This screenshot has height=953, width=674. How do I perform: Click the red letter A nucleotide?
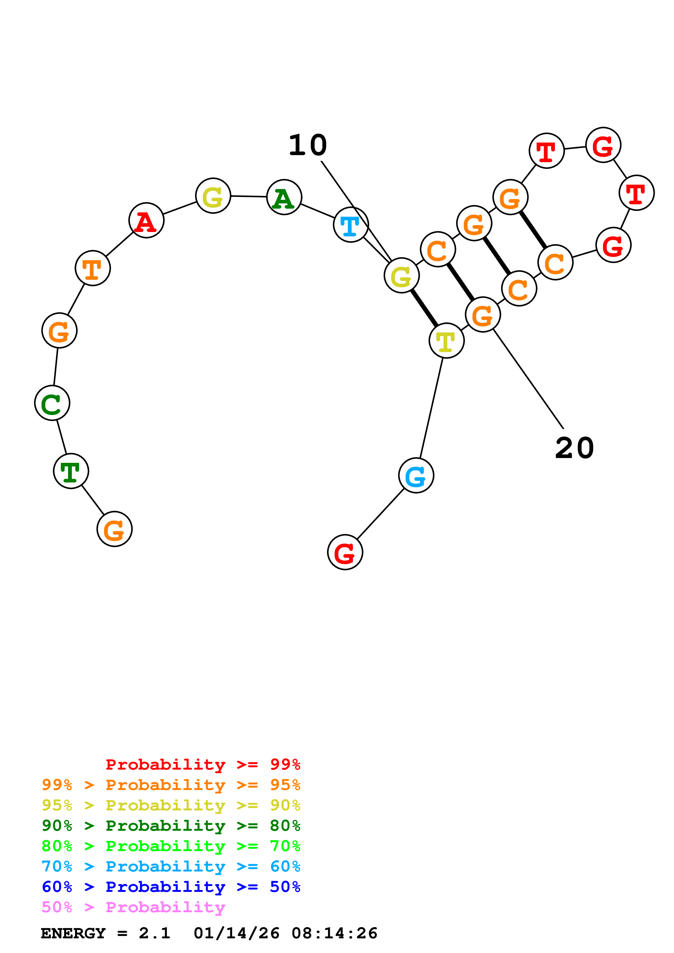146,220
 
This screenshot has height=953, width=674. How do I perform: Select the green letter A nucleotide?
284,197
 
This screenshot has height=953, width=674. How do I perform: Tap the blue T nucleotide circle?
351,225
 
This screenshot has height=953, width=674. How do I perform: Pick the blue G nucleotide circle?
416,476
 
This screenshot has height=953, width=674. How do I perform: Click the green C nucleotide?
52,403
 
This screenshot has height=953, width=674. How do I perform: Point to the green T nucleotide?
71,471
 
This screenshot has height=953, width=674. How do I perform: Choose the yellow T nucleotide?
446,341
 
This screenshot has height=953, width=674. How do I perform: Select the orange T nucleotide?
93,268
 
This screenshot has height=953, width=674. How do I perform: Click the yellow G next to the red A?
213,196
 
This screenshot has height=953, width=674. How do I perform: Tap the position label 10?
308,146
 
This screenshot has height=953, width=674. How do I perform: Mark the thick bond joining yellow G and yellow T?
424,308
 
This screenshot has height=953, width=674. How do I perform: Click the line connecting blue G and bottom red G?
380,514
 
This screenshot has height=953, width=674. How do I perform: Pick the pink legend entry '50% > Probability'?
133,907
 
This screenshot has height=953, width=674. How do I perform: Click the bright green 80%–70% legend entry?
171,846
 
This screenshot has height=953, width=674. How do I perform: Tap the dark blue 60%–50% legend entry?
171,887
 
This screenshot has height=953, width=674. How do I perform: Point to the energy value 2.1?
154,933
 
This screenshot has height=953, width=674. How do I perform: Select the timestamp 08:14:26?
335,933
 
